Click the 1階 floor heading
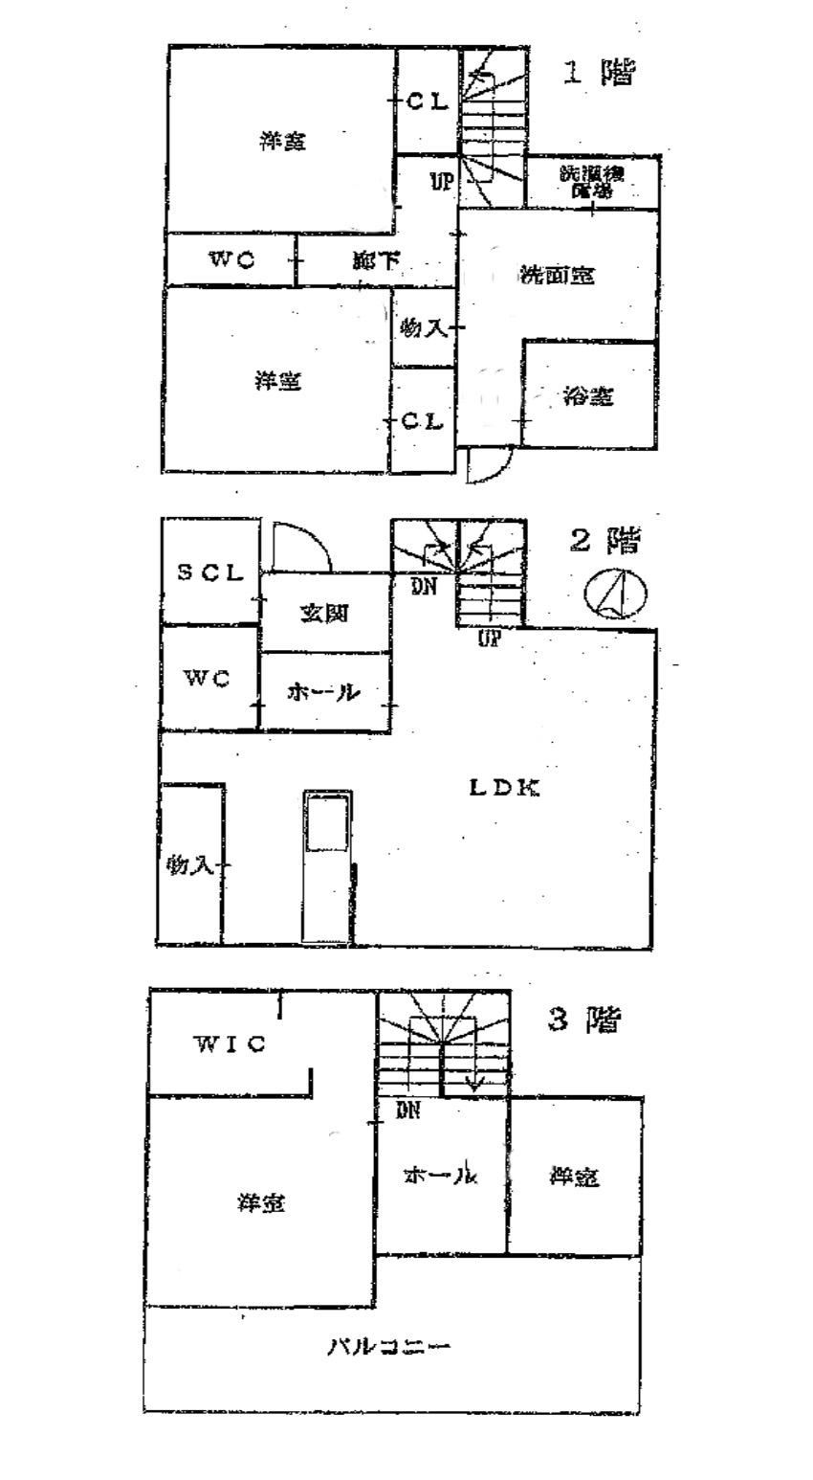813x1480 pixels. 599,74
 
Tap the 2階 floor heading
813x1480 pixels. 604,541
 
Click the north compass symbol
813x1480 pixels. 615,593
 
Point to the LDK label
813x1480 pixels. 505,788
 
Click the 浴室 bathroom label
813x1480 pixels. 587,396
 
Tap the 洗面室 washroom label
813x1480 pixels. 557,276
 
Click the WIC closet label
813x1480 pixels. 230,1043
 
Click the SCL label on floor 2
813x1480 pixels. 209,573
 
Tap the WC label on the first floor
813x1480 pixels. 231,259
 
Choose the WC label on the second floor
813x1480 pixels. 208,679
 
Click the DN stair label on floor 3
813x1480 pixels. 407,1110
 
